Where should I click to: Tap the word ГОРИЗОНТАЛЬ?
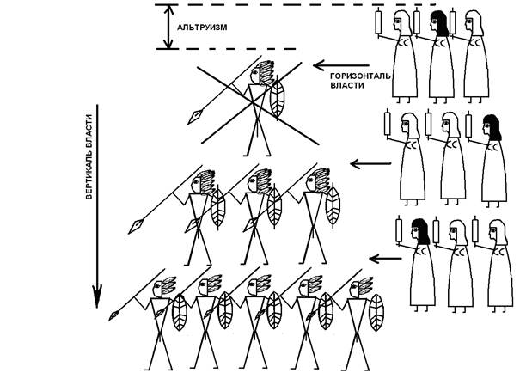pyautogui.click(x=360, y=76)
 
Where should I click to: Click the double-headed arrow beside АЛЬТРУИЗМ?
pyautogui.click(x=164, y=27)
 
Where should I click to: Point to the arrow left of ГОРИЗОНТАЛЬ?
pyautogui.click(x=332, y=64)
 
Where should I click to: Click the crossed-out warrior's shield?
pyautogui.click(x=278, y=101)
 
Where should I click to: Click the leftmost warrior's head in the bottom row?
pyautogui.click(x=162, y=291)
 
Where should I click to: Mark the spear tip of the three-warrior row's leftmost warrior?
pyautogui.click(x=138, y=226)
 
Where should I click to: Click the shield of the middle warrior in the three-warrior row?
pyautogui.click(x=276, y=208)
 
